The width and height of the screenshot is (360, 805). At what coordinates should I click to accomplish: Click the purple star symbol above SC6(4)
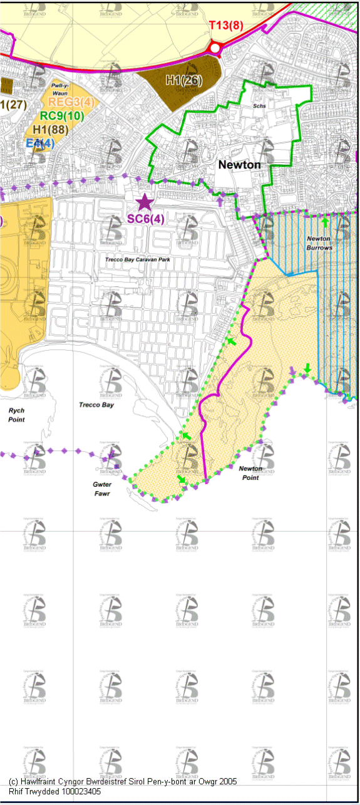(145, 202)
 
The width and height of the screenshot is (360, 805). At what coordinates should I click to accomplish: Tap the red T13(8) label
(225, 25)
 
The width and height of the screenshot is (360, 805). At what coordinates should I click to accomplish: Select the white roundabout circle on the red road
(215, 48)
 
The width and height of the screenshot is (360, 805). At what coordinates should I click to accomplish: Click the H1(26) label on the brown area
(183, 80)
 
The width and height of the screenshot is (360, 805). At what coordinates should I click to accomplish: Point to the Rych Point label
(16, 415)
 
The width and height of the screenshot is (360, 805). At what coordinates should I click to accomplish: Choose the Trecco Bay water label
(96, 405)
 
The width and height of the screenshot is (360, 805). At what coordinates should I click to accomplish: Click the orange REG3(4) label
(71, 102)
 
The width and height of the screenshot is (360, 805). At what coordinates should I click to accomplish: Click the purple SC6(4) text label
(146, 219)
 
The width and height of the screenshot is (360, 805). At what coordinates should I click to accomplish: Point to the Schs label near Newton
(260, 106)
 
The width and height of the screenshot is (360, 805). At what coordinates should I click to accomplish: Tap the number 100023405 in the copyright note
(74, 791)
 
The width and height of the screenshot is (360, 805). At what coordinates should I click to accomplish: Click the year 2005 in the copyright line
(226, 782)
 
